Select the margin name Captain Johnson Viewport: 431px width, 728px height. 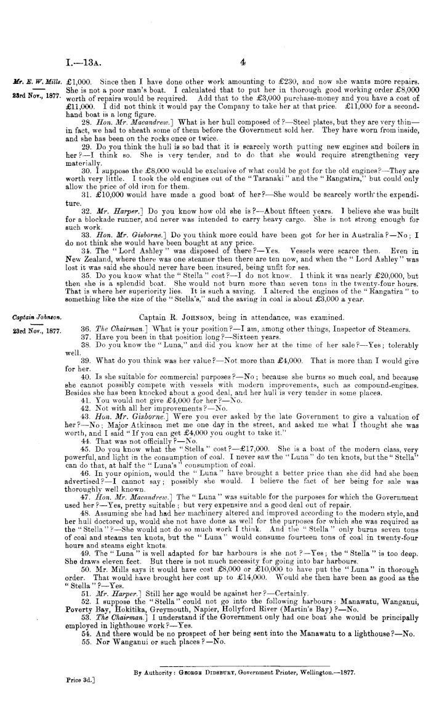tap(31, 317)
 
